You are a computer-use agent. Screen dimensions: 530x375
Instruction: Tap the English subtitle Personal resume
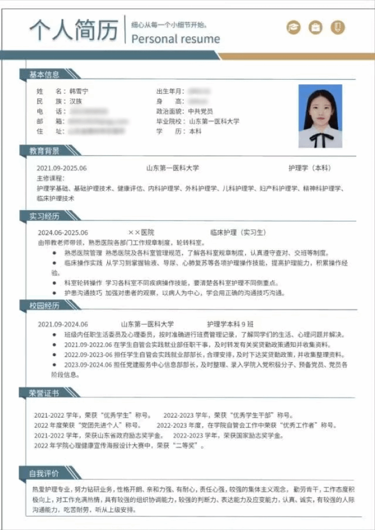pos(176,39)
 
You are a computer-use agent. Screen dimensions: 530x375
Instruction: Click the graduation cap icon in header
pos(294,27)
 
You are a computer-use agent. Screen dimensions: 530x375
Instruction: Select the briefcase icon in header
pos(315,27)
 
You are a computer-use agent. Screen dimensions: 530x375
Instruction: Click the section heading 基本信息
pos(44,75)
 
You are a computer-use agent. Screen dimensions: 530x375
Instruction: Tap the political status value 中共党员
pos(200,111)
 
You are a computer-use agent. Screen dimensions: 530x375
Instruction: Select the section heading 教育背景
pos(44,151)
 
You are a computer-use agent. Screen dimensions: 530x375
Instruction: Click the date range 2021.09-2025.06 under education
pos(62,168)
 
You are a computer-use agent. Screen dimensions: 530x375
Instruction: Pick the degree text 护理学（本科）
pos(309,168)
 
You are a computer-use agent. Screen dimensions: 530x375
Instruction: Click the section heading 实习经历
pos(44,215)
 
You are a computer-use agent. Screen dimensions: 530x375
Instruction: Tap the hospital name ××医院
pos(141,232)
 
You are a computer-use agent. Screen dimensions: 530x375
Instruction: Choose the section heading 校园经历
pos(44,306)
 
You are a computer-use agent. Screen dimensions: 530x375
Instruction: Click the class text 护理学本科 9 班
pos(230,324)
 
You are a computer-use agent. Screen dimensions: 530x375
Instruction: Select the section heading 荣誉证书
pos(44,393)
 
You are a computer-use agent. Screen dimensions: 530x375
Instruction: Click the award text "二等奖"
pos(180,446)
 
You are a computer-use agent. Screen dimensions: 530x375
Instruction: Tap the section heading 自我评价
pos(44,474)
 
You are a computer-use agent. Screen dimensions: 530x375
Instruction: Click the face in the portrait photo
pos(320,110)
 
